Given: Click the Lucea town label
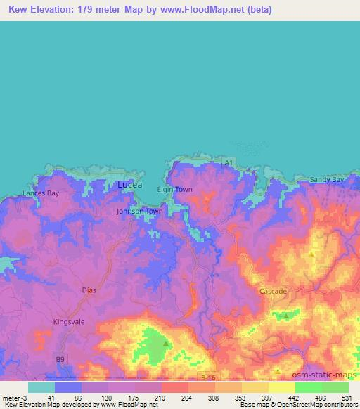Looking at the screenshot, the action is (x=129, y=184).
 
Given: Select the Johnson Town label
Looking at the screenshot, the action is (x=139, y=211).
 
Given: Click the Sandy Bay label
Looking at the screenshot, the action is (x=327, y=180).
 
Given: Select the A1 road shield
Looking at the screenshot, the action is (x=227, y=163).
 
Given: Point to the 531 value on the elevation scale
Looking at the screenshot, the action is (x=346, y=397).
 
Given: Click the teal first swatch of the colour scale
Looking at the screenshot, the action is (x=41, y=387).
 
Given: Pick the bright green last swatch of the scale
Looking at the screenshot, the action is (x=335, y=387).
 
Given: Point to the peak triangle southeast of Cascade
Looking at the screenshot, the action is (x=286, y=316).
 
